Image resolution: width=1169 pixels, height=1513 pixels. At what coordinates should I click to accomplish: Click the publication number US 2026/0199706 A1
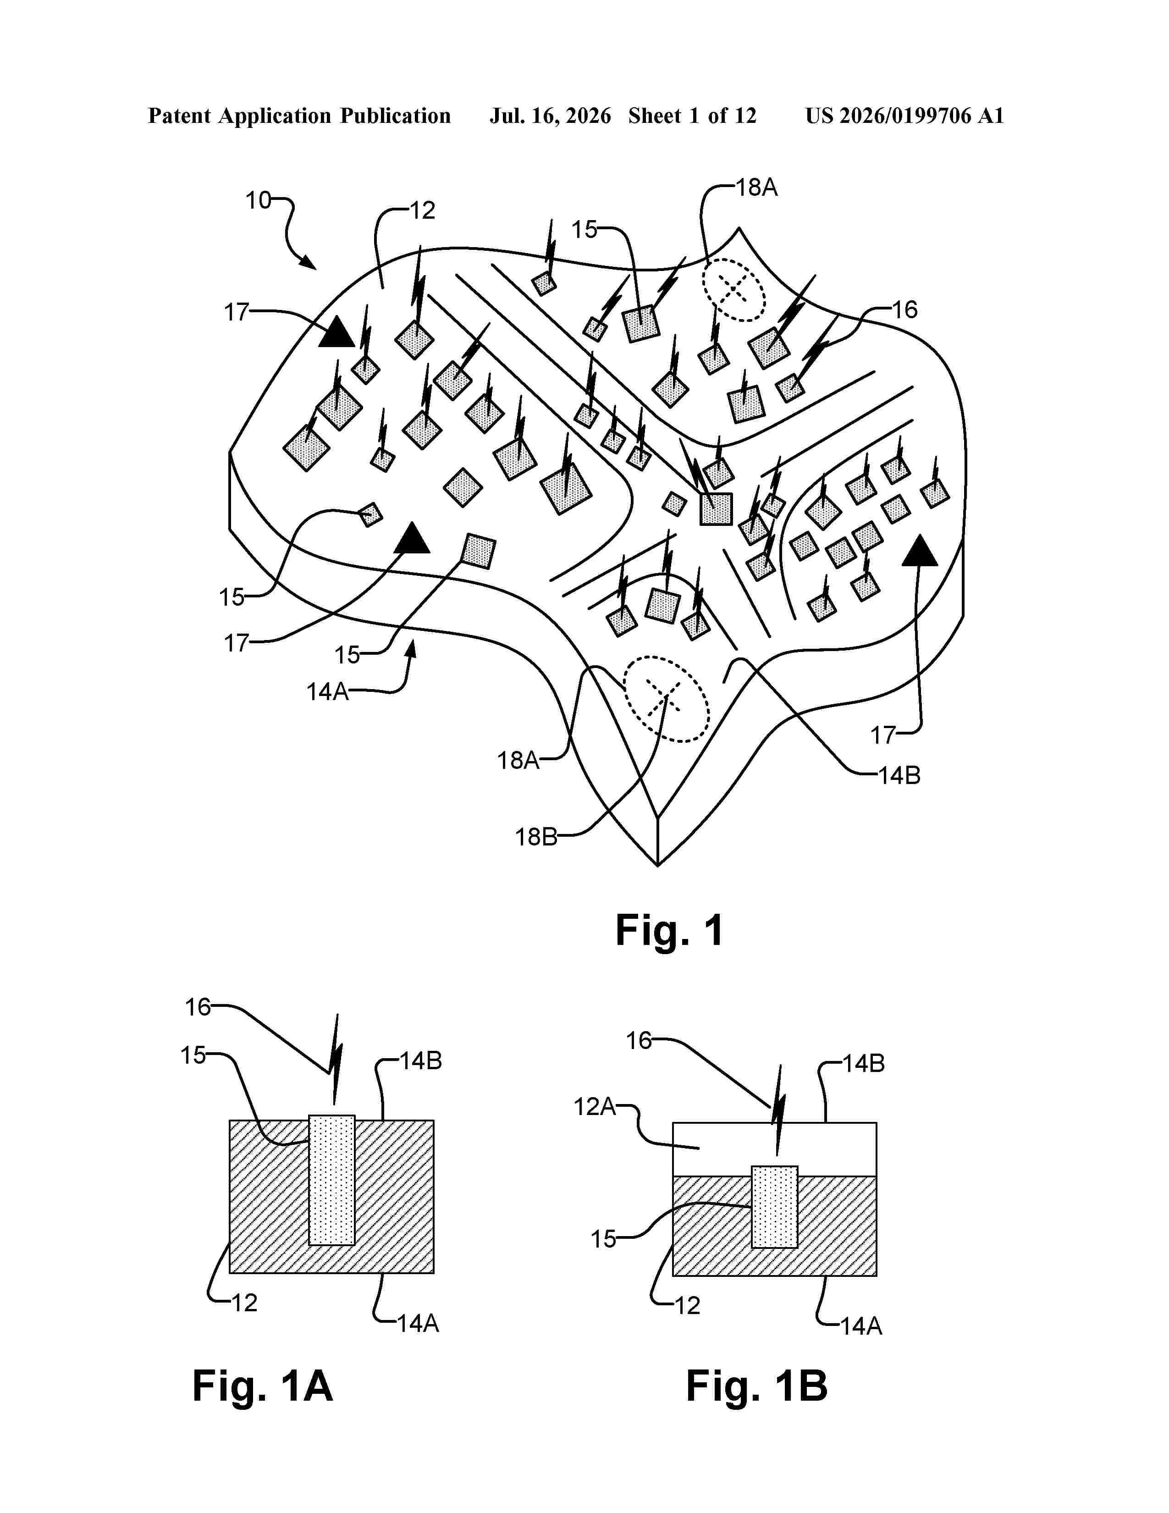coord(904,116)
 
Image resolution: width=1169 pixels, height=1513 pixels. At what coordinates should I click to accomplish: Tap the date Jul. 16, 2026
coord(551,116)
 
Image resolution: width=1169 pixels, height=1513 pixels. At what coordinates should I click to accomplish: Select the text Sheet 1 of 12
coord(693,116)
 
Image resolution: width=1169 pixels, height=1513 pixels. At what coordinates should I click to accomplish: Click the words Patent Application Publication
coord(299,116)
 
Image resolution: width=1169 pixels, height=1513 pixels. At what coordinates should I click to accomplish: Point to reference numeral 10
coord(258,201)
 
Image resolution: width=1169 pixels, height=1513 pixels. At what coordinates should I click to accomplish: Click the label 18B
coord(536,838)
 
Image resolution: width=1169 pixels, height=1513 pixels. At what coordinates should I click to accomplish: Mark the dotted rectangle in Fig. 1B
coord(774,1207)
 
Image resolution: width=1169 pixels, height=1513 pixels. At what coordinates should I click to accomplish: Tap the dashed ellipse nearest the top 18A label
coord(734,290)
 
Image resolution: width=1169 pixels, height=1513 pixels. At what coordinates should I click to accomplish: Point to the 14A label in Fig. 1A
coord(418,1324)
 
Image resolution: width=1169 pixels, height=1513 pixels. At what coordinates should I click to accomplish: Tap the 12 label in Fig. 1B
coord(688,1306)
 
